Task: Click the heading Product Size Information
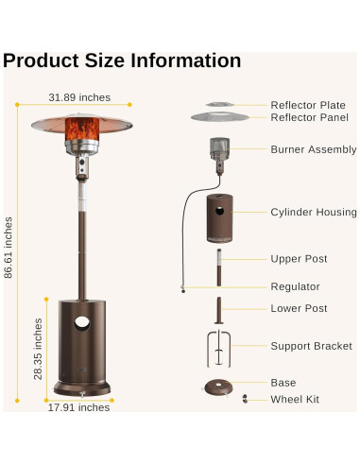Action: click(x=122, y=60)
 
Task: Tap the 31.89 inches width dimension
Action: click(x=79, y=96)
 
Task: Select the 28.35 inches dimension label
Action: click(x=38, y=348)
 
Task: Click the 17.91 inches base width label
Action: click(x=79, y=407)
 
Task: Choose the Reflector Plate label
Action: click(x=308, y=105)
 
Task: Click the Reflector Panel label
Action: click(x=308, y=117)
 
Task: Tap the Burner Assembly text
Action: click(x=314, y=149)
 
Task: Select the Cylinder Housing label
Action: click(x=314, y=213)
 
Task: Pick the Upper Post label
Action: click(x=299, y=258)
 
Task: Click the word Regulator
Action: click(x=295, y=286)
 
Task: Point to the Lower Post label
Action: click(x=299, y=309)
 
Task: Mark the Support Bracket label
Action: click(x=311, y=347)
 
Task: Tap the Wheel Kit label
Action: click(x=295, y=400)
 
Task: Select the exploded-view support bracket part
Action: click(x=218, y=348)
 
